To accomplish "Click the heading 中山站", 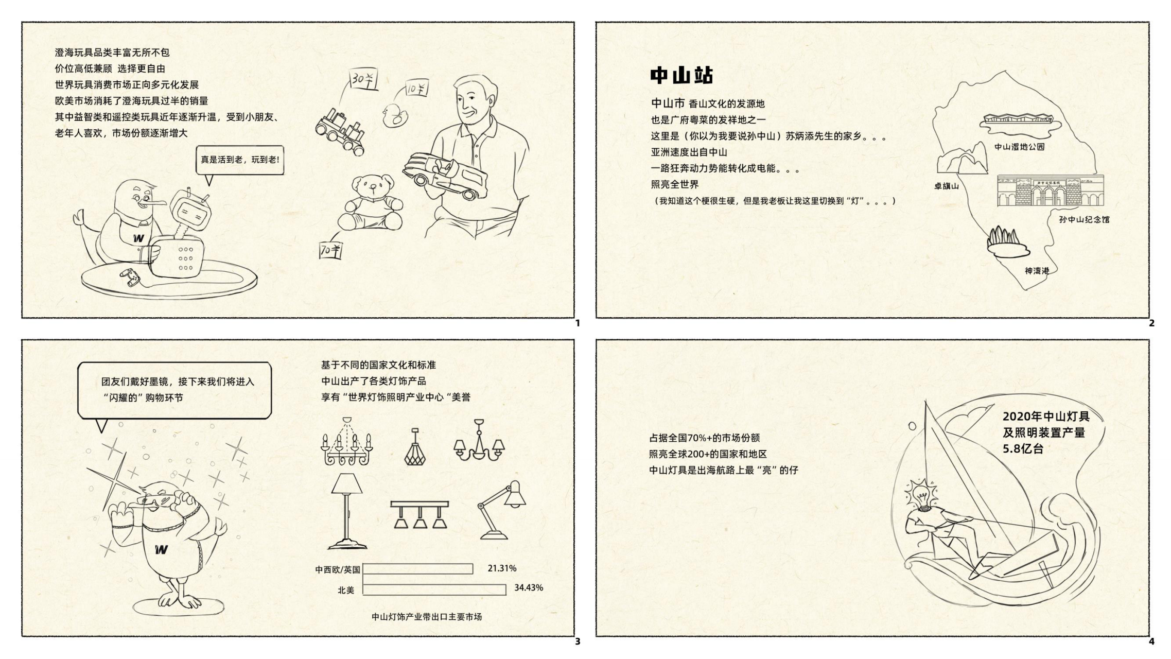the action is [x=681, y=75].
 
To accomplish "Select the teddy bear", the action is [x=370, y=203].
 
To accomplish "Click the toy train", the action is [x=340, y=131].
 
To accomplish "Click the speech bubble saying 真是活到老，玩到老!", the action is [x=240, y=161].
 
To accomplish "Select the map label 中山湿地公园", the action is [x=1019, y=147].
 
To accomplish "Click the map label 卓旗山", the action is [x=947, y=186].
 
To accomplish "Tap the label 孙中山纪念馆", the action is [x=1084, y=219].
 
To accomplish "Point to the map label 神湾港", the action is [x=1037, y=270].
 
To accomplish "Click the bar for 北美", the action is [x=434, y=589].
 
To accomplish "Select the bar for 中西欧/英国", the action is [x=418, y=569].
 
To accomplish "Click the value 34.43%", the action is [x=529, y=587].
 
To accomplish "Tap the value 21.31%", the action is [x=502, y=568].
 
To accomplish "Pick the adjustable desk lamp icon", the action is [x=502, y=510].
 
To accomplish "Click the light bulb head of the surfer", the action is [x=921, y=493].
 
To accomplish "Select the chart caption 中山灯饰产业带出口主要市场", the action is [x=427, y=616].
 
